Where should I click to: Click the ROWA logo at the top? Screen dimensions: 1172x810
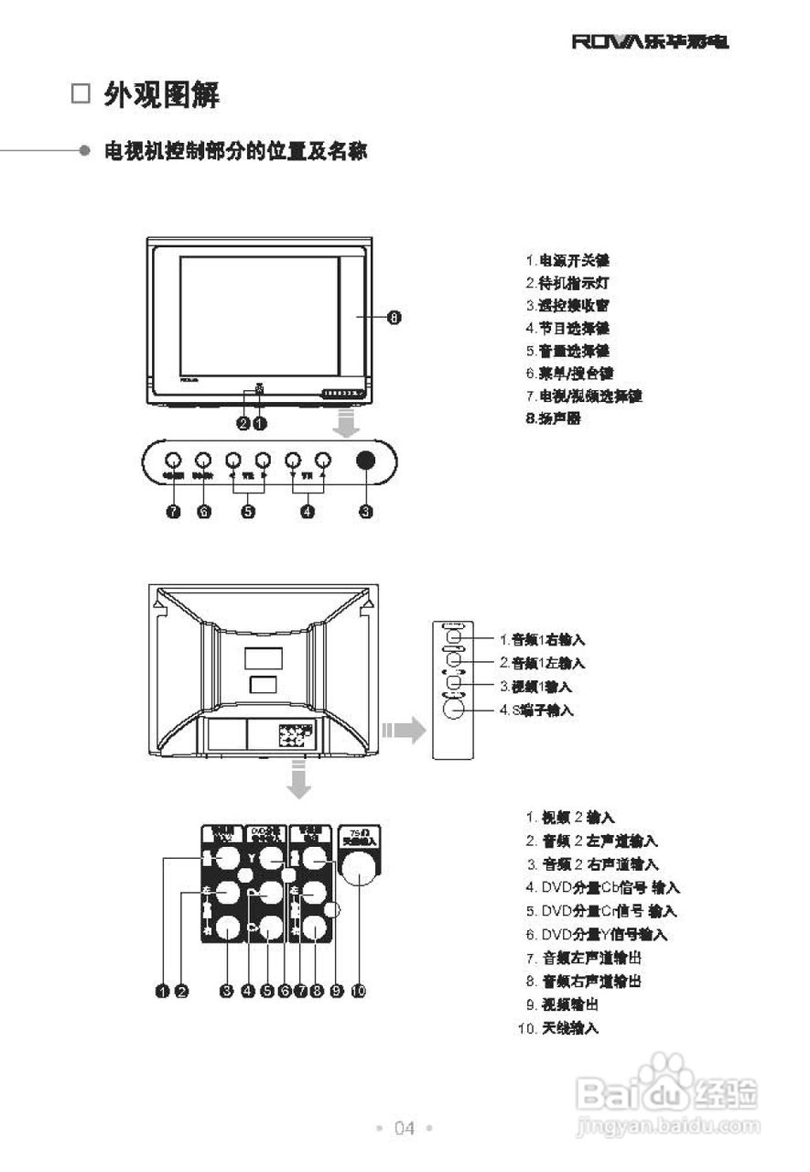click(651, 42)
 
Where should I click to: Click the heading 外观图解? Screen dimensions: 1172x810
click(161, 94)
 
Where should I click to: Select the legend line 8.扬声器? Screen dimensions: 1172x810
click(553, 418)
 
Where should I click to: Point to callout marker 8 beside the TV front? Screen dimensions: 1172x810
click(394, 318)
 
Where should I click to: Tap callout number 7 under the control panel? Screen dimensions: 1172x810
click(173, 512)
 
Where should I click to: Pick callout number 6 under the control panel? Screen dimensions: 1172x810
click(204, 512)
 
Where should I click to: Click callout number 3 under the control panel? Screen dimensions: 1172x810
click(365, 512)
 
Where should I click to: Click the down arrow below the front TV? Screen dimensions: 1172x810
click(346, 424)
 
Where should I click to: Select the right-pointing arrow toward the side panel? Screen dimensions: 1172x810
click(405, 730)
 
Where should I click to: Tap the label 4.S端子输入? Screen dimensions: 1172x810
click(537, 710)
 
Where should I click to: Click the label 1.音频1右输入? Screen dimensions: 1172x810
click(542, 639)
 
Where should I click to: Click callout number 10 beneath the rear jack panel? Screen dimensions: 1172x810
click(358, 990)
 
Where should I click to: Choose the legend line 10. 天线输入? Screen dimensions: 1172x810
click(558, 1028)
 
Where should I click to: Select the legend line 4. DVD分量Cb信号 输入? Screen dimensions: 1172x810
click(602, 887)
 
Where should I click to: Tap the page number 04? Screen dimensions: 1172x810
click(405, 1128)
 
